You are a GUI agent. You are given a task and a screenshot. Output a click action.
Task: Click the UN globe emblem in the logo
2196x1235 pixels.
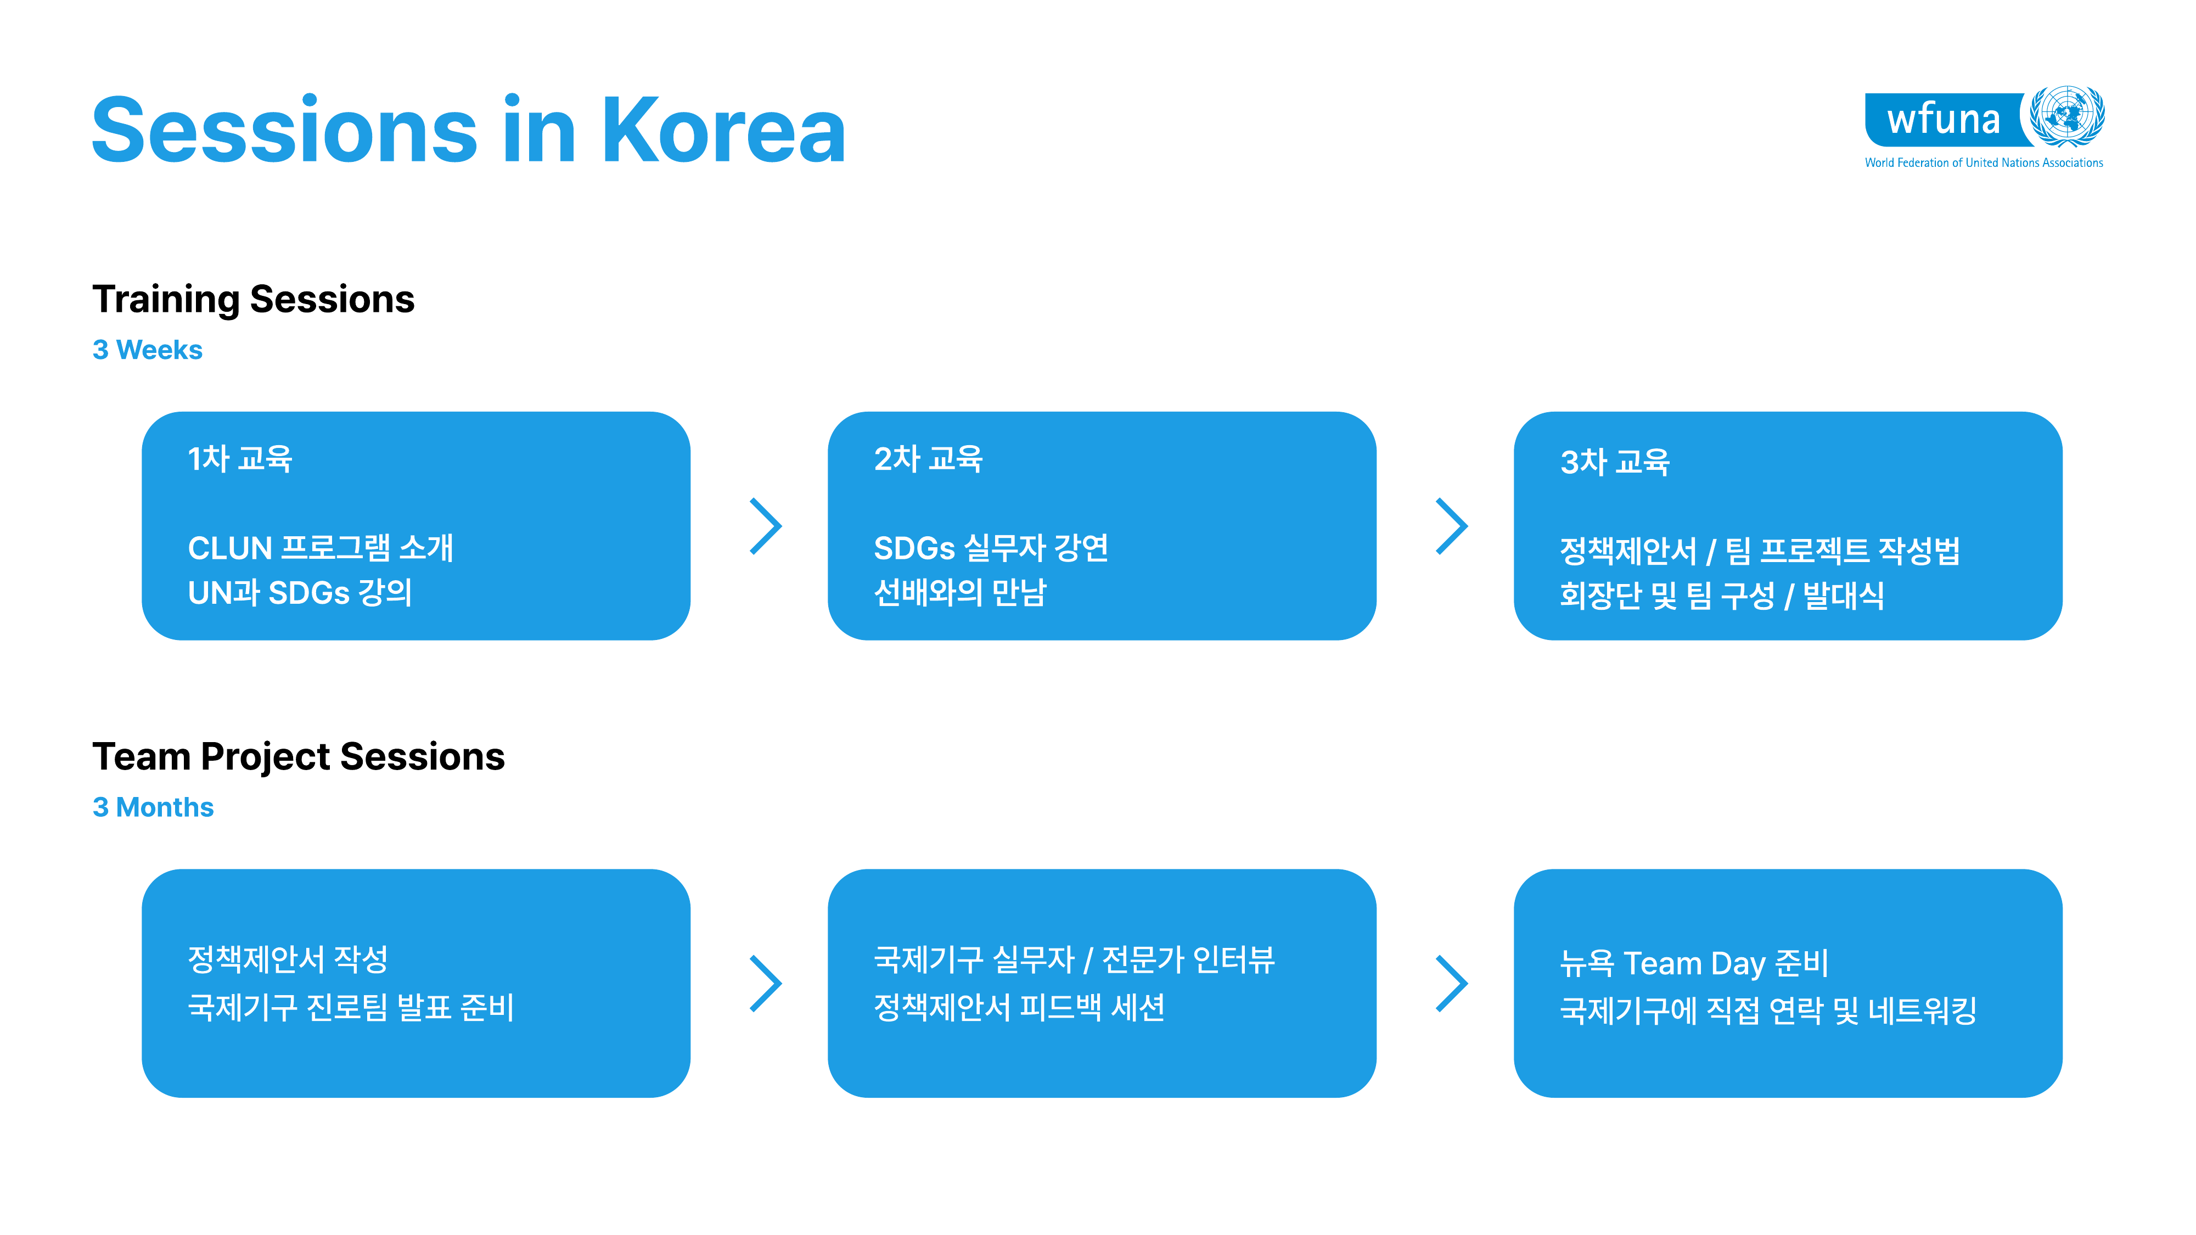[2066, 116]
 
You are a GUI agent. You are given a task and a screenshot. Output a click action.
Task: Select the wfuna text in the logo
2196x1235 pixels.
[1943, 119]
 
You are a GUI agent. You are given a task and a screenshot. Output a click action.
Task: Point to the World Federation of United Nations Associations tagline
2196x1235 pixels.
[1984, 163]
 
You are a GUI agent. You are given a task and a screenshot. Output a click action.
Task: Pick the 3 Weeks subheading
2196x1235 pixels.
[148, 350]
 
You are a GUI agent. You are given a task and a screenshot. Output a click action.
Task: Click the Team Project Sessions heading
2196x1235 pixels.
[299, 757]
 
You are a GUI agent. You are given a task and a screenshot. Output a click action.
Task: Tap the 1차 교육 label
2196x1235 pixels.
[239, 458]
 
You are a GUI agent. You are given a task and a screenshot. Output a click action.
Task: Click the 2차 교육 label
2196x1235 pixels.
[928, 458]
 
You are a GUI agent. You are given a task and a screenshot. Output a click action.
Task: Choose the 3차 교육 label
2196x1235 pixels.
[1615, 462]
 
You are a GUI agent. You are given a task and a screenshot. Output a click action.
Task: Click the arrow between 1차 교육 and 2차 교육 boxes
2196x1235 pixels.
[766, 526]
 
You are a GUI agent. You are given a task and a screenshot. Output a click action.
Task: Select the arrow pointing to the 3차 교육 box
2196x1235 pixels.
[1452, 526]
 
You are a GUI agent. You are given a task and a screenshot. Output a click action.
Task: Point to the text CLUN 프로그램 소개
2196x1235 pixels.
[321, 548]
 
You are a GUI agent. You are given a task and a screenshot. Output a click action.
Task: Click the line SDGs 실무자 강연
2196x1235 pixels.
[991, 548]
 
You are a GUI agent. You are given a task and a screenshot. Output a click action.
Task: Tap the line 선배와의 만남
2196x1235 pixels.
[960, 592]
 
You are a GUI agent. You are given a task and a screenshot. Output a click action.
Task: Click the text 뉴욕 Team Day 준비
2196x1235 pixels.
[1694, 963]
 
